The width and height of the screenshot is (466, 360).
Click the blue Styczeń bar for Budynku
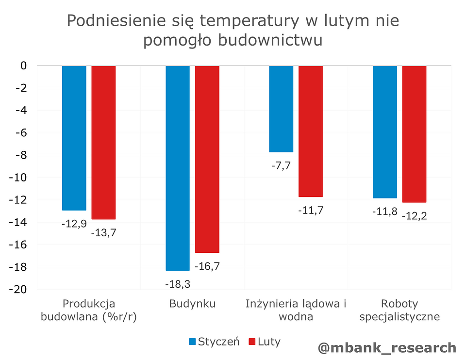178,167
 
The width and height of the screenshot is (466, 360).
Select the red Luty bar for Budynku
207,159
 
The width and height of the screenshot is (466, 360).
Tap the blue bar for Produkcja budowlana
74,138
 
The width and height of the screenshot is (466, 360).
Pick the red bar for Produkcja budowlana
103,142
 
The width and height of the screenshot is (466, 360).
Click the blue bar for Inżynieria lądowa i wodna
281,109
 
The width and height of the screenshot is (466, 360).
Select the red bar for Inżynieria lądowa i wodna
311,131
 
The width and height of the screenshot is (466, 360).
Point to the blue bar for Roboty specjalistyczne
385,131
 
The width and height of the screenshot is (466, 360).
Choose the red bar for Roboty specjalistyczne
414,134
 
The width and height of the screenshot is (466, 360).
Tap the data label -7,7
281,165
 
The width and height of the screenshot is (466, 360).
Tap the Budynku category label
192,304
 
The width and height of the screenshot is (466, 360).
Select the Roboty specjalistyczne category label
399,311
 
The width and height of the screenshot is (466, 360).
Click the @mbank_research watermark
387,347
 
